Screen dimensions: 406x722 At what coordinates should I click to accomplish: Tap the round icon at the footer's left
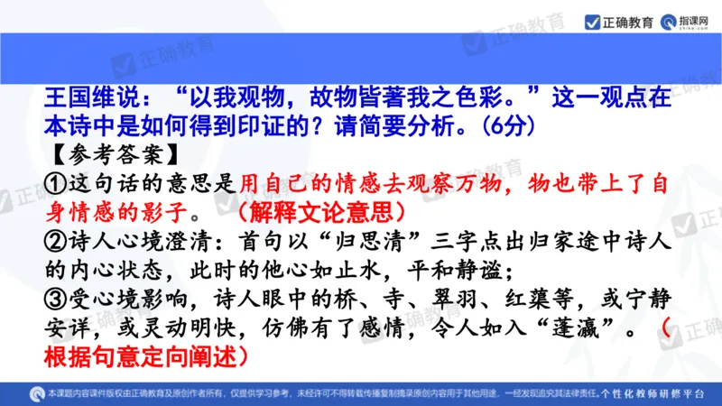click(x=38, y=393)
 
